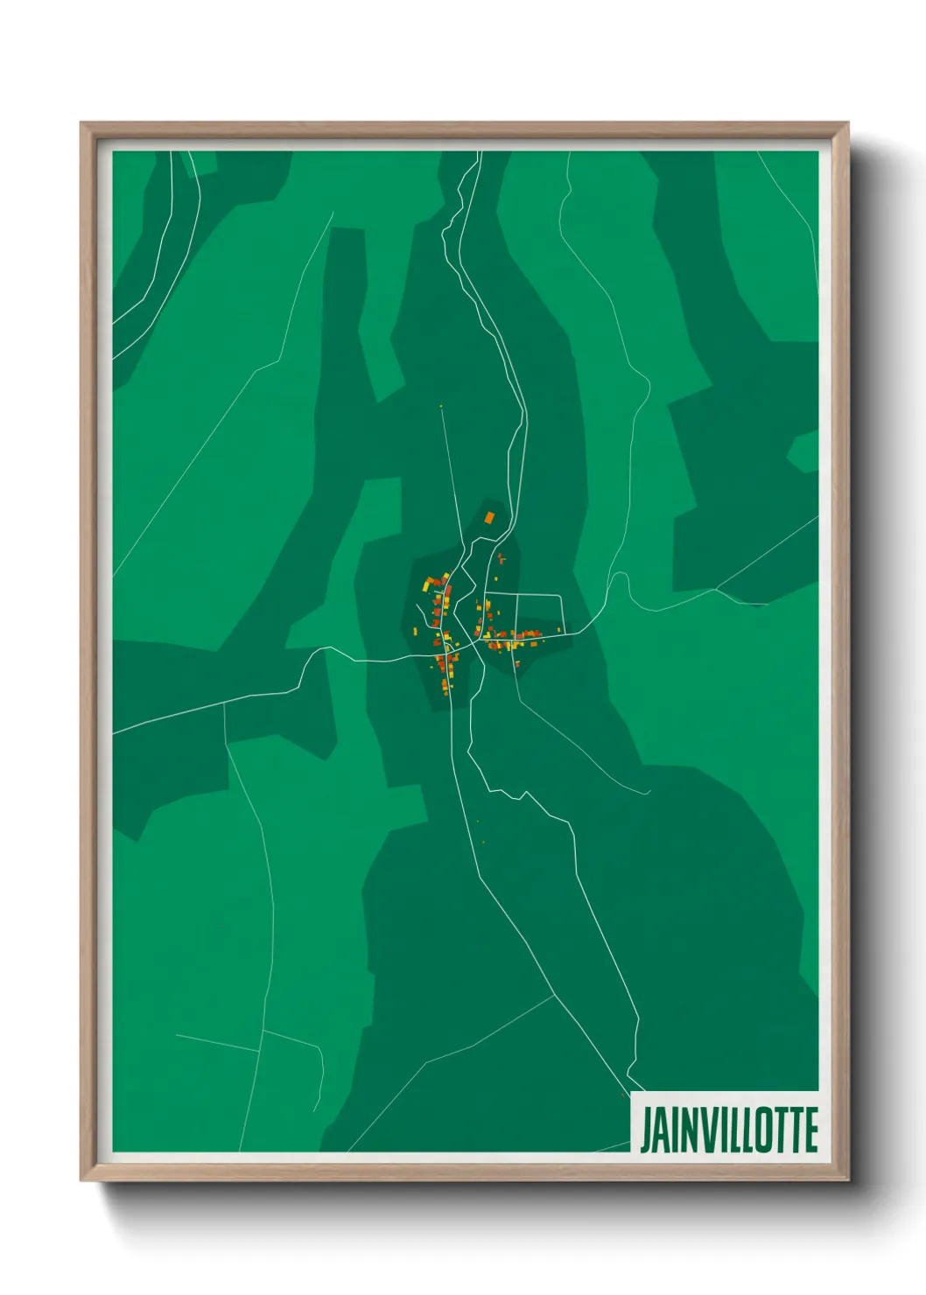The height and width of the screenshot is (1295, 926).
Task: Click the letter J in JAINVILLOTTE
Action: point(648,1130)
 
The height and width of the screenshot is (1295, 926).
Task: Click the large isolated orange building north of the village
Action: point(489,518)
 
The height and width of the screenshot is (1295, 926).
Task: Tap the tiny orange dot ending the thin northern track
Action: point(441,406)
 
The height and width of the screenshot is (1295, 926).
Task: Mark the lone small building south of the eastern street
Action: point(517,665)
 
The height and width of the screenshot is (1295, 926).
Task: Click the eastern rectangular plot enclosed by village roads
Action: point(539,612)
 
